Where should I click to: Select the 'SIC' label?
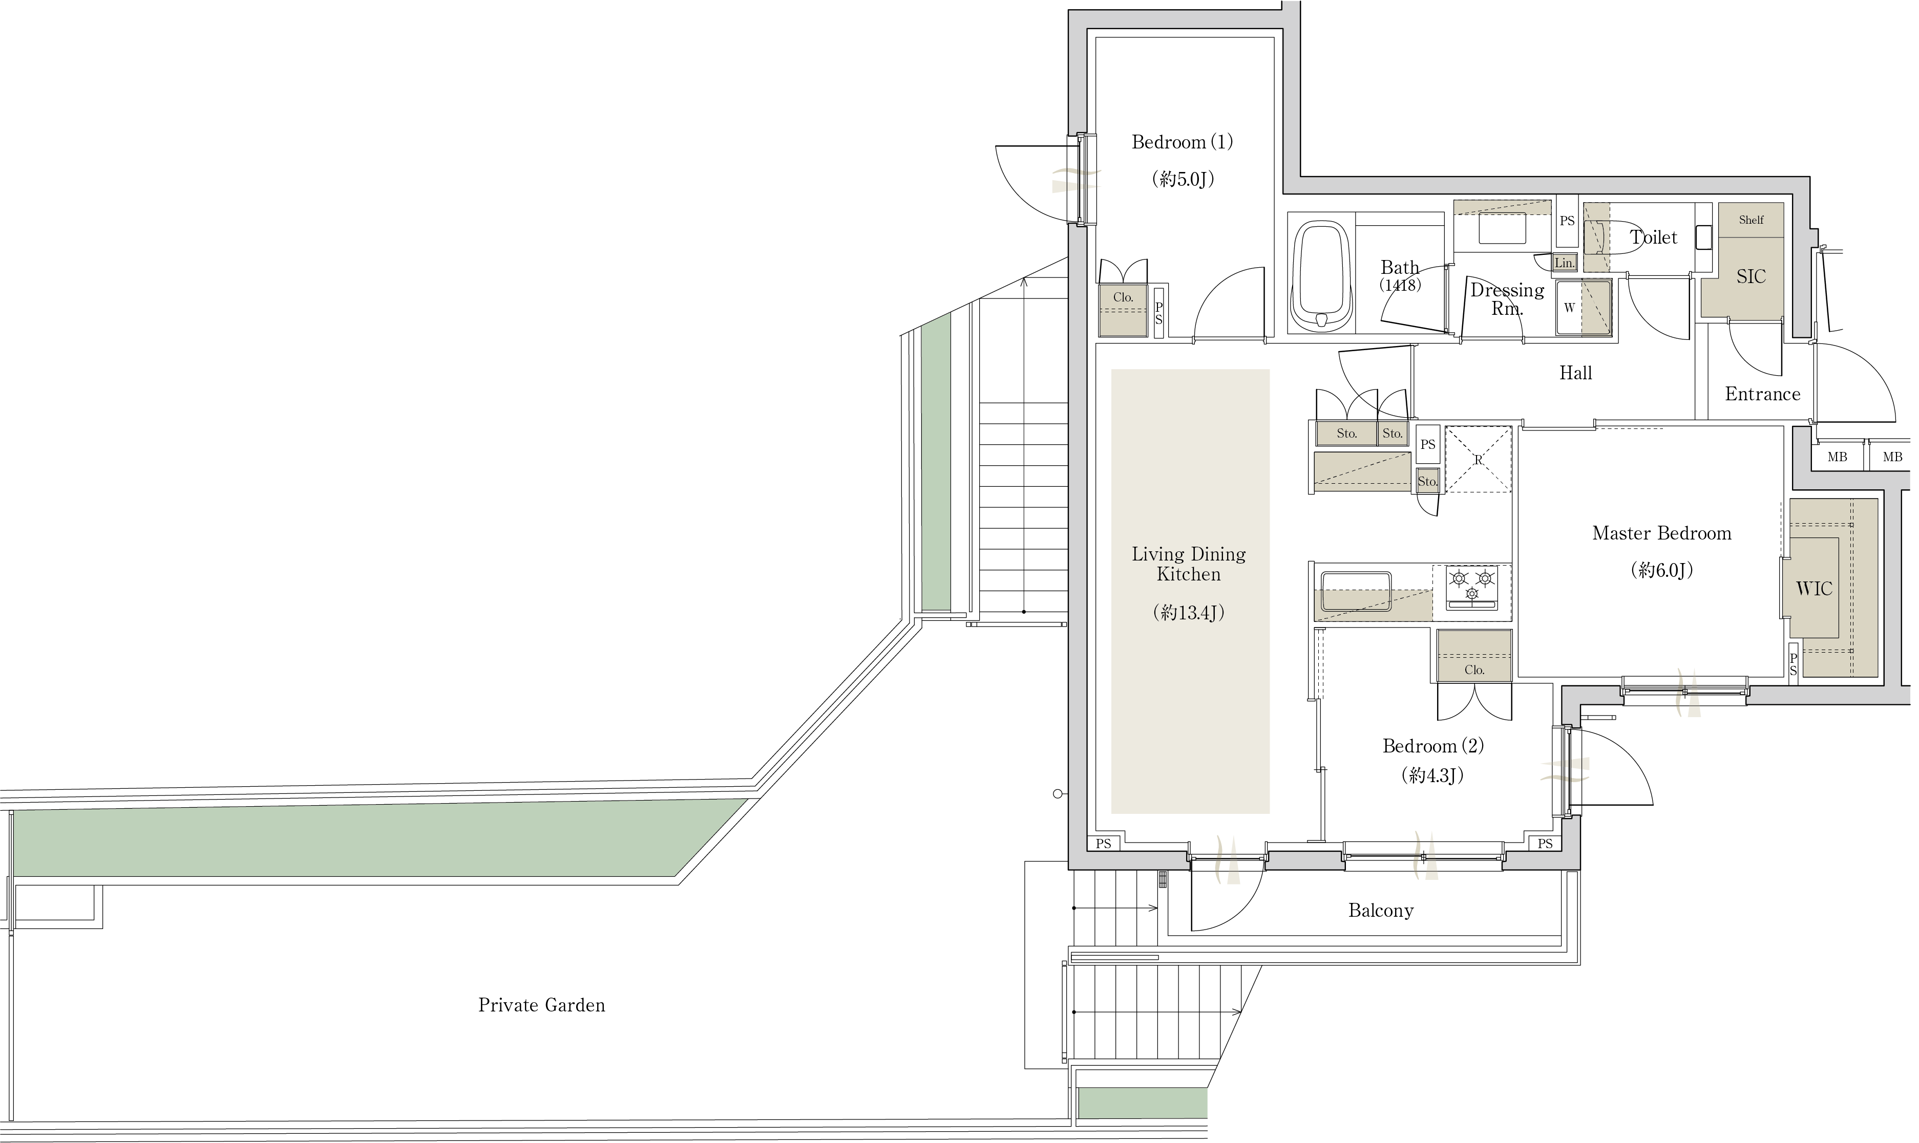point(1751,276)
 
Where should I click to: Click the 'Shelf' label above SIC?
point(1751,220)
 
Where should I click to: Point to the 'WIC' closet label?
point(1813,589)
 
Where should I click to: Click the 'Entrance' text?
point(1763,394)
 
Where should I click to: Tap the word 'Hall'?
point(1575,374)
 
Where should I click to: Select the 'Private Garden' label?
point(541,1005)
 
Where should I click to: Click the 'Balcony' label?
point(1381,911)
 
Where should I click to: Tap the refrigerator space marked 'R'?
point(1478,459)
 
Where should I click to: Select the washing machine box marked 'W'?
point(1583,307)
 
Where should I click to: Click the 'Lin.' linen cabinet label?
point(1564,263)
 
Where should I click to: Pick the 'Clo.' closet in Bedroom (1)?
point(1123,310)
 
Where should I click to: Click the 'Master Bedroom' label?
point(1662,533)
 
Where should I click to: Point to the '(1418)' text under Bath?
point(1400,285)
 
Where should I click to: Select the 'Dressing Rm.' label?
point(1507,299)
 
